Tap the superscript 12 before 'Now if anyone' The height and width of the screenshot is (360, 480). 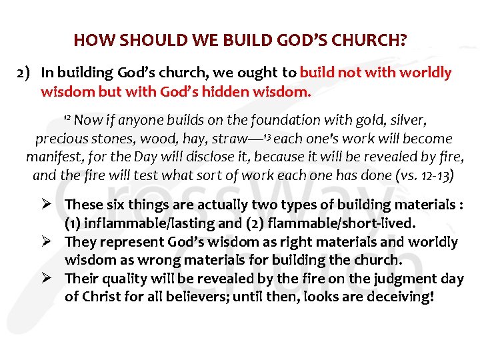[x=67, y=118]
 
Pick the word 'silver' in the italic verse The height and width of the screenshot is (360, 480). [x=407, y=121]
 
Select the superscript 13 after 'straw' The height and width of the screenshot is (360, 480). [x=265, y=137]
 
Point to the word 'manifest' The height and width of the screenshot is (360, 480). [x=54, y=158]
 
